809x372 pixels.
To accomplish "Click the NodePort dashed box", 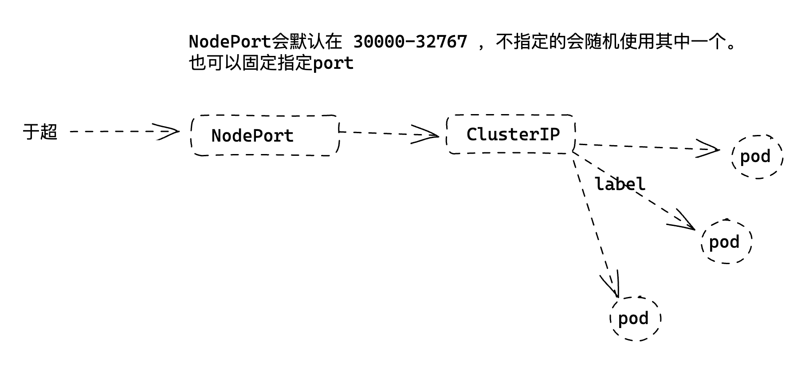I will point(265,135).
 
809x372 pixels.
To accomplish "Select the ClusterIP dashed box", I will point(511,134).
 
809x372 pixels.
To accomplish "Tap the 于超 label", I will point(40,132).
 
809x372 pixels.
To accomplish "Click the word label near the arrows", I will point(620,184).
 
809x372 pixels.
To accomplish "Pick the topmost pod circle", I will point(757,157).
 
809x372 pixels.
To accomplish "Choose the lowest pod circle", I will point(635,318).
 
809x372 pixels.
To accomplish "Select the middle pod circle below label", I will point(727,242).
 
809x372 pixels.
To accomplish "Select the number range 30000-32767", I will point(410,42).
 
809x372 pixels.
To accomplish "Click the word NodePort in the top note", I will point(230,42).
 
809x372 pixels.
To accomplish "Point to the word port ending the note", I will point(333,63).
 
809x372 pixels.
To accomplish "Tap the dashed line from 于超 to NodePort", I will point(111,131).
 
